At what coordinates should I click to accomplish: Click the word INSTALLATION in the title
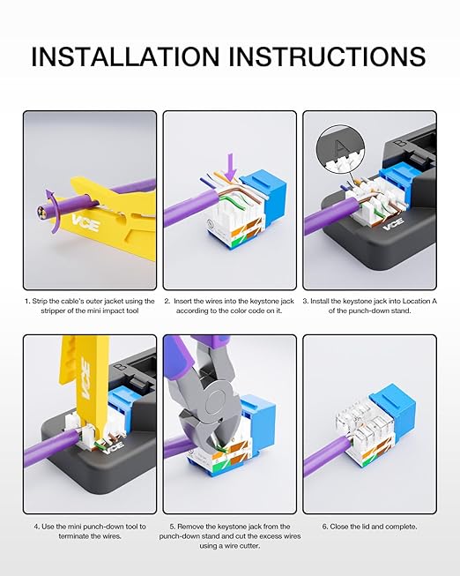(125, 56)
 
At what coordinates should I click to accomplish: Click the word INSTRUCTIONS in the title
(327, 56)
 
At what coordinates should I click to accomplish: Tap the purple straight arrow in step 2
(231, 167)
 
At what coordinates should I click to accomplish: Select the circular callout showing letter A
(341, 149)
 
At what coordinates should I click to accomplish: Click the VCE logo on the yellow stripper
(85, 223)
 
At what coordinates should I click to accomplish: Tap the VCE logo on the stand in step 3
(394, 223)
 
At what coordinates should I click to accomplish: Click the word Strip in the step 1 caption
(40, 301)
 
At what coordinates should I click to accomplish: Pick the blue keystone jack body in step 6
(396, 415)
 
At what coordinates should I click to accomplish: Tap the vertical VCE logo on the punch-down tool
(85, 378)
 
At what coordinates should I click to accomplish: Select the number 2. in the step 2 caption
(167, 301)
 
